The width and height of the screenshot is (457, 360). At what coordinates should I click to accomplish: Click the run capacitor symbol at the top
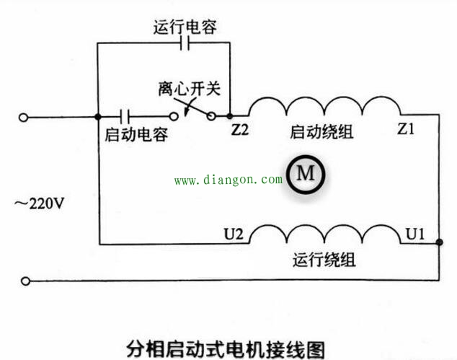point(185,45)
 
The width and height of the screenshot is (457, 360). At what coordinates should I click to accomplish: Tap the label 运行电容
point(185,27)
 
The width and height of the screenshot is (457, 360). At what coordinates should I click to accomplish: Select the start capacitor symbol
point(127,116)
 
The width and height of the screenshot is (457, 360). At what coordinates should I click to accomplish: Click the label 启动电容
point(136,134)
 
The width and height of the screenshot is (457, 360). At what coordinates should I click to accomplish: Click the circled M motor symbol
point(306,174)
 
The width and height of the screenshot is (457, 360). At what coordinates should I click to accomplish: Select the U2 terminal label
point(235,234)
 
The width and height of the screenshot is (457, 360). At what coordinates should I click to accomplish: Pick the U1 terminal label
point(416,234)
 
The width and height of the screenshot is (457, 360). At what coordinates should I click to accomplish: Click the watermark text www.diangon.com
point(228,180)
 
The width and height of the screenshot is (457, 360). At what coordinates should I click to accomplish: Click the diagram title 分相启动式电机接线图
point(226,348)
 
